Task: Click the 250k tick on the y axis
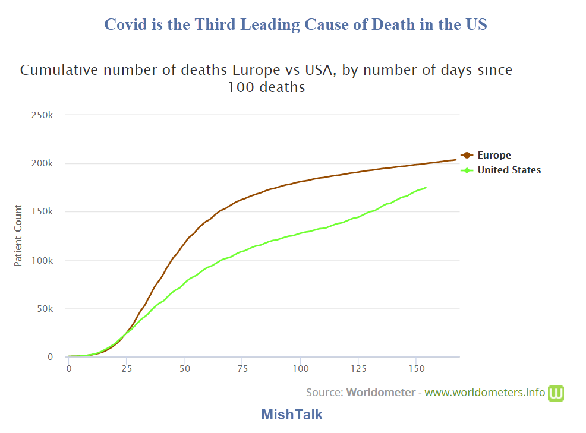42,115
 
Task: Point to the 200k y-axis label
42,163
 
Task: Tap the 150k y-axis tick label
42,212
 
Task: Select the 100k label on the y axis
42,260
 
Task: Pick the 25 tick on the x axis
127,369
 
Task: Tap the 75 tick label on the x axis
242,369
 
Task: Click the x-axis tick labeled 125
358,369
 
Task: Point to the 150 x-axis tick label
416,369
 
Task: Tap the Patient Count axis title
18,236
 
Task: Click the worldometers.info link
484,393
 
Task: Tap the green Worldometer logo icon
556,393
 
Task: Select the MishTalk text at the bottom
292,415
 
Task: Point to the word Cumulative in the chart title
56,70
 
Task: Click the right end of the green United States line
426,188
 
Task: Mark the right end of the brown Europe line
456,160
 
